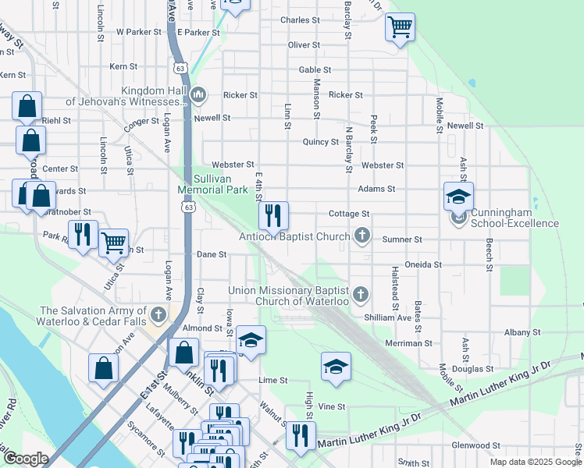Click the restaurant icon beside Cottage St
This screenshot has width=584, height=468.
(x=273, y=214)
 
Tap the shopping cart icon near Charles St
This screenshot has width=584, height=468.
(x=400, y=27)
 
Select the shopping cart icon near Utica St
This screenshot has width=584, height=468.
(x=114, y=243)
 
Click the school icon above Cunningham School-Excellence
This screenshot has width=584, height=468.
(x=458, y=196)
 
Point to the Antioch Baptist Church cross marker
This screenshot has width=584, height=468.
(x=361, y=235)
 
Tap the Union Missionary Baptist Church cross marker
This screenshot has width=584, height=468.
(x=360, y=294)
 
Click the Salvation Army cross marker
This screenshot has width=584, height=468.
(x=158, y=315)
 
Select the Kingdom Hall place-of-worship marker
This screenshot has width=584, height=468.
(x=198, y=96)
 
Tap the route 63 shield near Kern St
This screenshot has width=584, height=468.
(x=181, y=69)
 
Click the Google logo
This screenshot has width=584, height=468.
(x=26, y=459)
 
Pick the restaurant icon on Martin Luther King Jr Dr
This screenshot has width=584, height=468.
(x=301, y=437)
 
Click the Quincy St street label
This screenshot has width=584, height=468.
(x=321, y=142)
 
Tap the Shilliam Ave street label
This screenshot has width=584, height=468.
(x=387, y=317)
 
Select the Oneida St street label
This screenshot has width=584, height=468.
(x=423, y=264)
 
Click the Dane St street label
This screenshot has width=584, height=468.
(x=212, y=254)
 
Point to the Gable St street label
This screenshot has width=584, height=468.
(x=316, y=69)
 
